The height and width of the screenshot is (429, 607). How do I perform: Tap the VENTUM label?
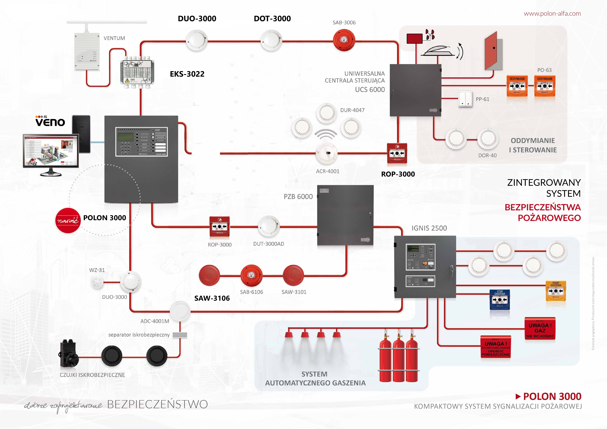[x=114, y=38]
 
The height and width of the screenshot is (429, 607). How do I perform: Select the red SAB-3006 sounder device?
[x=344, y=40]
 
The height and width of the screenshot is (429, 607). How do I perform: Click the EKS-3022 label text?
[x=187, y=74]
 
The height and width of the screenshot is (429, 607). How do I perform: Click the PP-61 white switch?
[x=465, y=99]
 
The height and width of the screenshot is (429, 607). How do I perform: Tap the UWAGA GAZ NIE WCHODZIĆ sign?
[x=540, y=329]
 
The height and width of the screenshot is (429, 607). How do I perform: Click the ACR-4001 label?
[x=328, y=171]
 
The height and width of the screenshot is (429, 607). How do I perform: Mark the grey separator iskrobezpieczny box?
[x=180, y=335]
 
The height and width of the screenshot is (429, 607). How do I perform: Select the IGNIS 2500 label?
[x=429, y=228]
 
